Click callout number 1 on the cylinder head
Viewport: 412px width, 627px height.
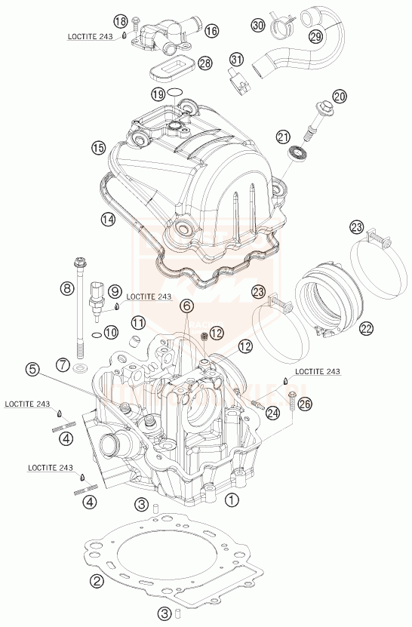coord(232,499)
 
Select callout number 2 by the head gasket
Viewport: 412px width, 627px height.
coord(97,580)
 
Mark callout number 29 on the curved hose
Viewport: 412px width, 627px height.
coord(315,37)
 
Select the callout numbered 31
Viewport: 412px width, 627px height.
coord(237,60)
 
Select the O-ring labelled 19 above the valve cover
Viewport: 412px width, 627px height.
coord(175,94)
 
